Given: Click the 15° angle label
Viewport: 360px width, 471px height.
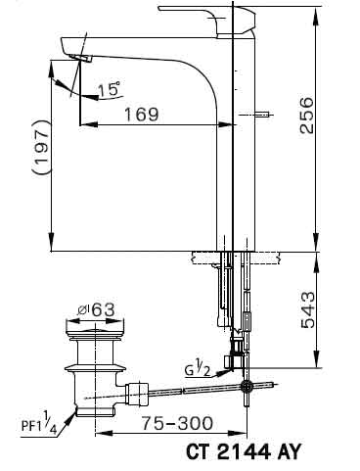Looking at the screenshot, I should coord(110,90).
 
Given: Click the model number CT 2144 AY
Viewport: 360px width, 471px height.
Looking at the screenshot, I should coord(241,452).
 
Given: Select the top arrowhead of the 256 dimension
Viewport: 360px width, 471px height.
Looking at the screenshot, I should coord(317,9).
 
